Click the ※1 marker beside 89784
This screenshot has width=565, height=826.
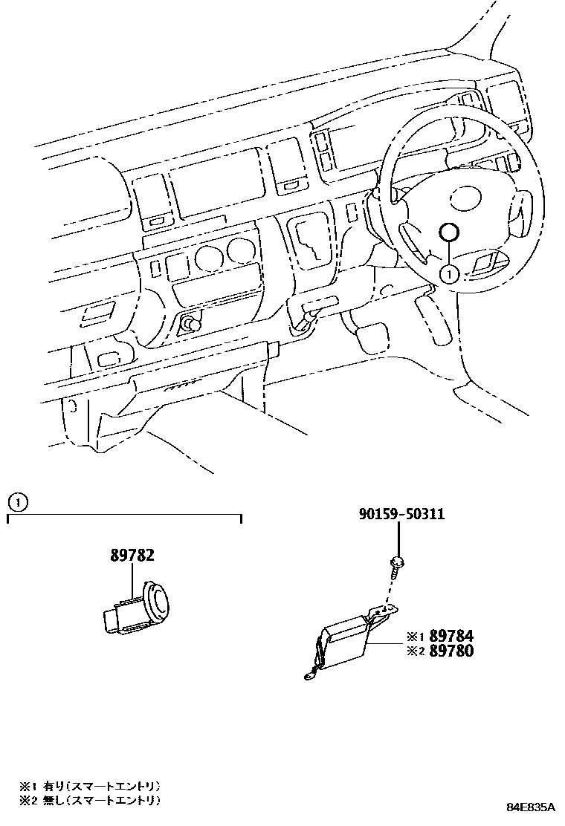click(414, 637)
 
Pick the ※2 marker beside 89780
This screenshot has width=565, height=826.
click(414, 651)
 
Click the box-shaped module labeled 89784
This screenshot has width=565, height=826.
click(346, 638)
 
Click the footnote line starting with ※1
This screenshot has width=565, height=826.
click(90, 786)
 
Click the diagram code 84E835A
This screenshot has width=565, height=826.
click(532, 807)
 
